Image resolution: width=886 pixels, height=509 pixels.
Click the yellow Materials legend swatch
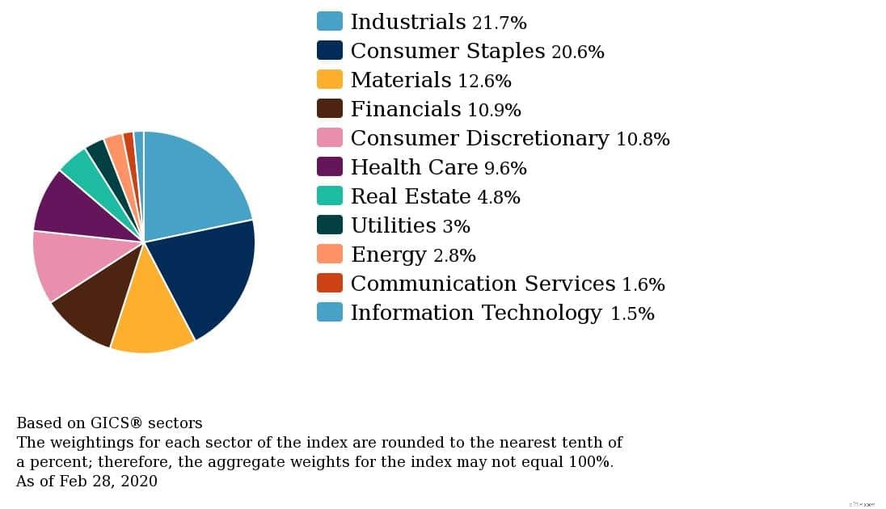[x=330, y=79]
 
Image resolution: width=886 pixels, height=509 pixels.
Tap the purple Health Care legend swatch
[x=330, y=166]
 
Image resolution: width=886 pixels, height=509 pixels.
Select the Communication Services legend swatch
[x=330, y=283]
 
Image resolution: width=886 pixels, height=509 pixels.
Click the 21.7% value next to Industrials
[x=499, y=23]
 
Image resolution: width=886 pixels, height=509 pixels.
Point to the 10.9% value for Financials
[x=494, y=110]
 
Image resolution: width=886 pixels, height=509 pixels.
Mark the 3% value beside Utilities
[x=456, y=226]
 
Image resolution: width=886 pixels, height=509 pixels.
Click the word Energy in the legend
[x=388, y=255]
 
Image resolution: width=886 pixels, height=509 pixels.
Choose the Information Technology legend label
[x=476, y=313]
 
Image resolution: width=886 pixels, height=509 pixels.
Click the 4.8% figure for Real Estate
[x=498, y=197]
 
